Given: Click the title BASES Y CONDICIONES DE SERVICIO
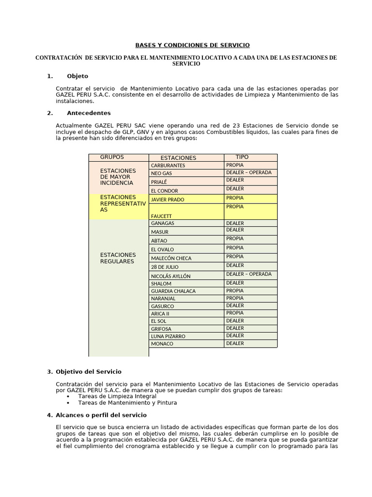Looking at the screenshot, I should [192, 45].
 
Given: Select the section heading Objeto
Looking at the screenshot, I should [77, 76].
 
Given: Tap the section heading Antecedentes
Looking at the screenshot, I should [88, 113].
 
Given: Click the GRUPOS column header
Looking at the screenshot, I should [112, 157].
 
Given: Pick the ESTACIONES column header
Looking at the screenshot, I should [178, 158].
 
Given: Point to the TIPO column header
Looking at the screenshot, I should [242, 157].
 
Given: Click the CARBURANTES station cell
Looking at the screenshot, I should [168, 166].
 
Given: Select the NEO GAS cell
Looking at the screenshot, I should [161, 173].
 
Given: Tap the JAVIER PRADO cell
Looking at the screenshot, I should [168, 199].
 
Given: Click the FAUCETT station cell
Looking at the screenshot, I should [161, 216].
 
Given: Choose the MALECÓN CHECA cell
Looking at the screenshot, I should [171, 258].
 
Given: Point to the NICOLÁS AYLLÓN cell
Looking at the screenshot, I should [170, 276].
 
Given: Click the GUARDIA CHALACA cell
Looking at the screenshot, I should [173, 291].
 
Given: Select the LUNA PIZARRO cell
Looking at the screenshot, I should [168, 336].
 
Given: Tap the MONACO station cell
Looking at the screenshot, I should [162, 344].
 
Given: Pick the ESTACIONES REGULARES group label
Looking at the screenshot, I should [118, 258].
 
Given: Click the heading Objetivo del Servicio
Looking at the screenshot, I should [89, 372].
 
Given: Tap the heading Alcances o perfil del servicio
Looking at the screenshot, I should [101, 415].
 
